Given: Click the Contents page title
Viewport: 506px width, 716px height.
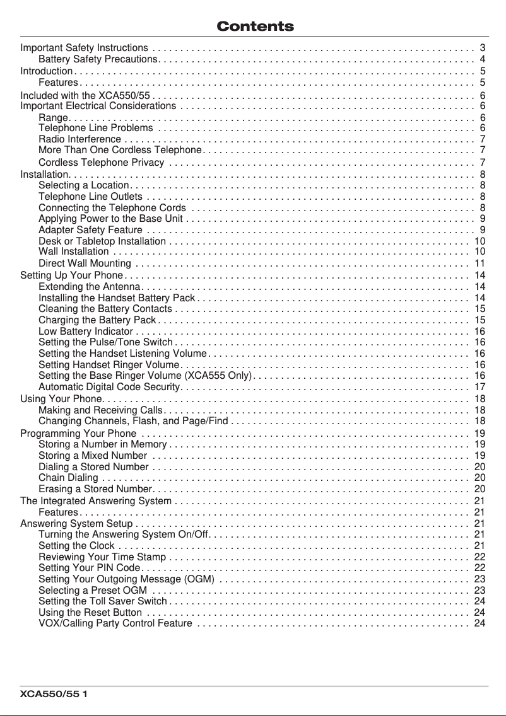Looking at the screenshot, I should tap(255, 26).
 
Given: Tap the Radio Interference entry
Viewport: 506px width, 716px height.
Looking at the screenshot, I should tap(79, 139).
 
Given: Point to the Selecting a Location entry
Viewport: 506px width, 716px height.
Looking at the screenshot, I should tap(84, 185).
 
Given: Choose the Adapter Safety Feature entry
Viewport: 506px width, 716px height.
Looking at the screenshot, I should tap(86, 229).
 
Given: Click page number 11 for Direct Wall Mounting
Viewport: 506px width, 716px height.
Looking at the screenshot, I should tap(479, 263).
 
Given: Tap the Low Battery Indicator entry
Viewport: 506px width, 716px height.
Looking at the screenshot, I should tap(86, 331).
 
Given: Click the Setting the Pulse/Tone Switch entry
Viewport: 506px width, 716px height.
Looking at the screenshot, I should tap(105, 342).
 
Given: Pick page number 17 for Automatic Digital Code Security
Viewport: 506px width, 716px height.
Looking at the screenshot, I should tap(479, 386).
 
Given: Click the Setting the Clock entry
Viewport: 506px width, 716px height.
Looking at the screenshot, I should tap(76, 545).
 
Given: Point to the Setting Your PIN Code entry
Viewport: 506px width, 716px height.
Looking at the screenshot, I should tap(89, 568).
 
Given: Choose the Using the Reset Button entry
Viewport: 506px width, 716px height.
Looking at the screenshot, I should tap(90, 612).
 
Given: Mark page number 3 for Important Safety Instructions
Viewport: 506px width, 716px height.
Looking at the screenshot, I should tap(482, 48).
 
